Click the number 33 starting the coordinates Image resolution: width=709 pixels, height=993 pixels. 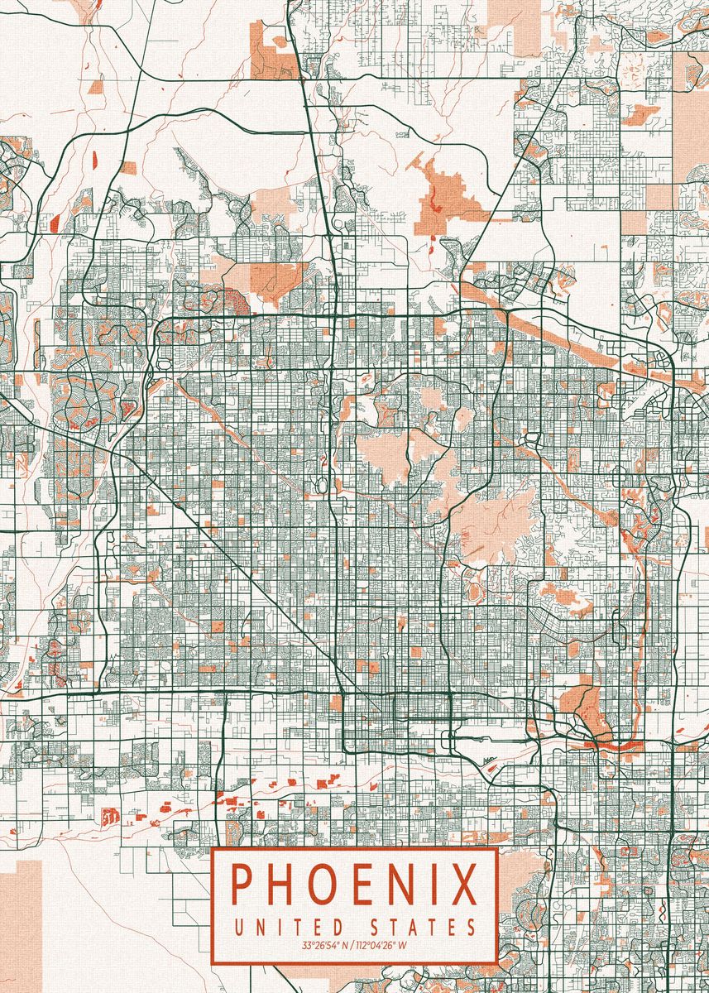306,945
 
